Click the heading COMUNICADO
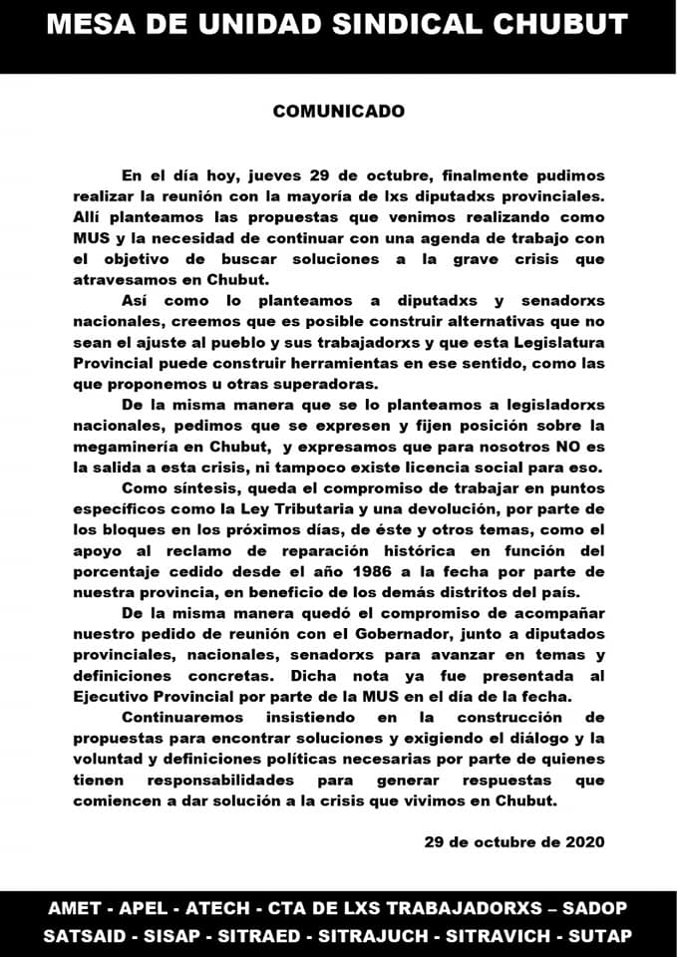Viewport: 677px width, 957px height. click(339, 111)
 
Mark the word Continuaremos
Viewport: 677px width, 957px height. click(184, 717)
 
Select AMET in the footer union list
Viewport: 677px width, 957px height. click(75, 909)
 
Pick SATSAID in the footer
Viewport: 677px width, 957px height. click(87, 937)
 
